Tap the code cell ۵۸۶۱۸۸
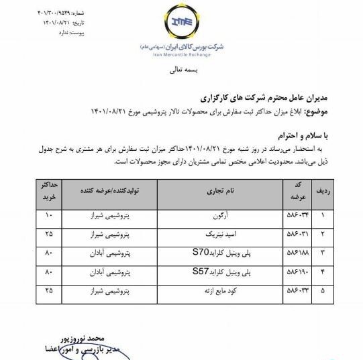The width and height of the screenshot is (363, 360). [x=295, y=255]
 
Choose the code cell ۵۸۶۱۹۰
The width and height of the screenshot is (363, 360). [x=295, y=274]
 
